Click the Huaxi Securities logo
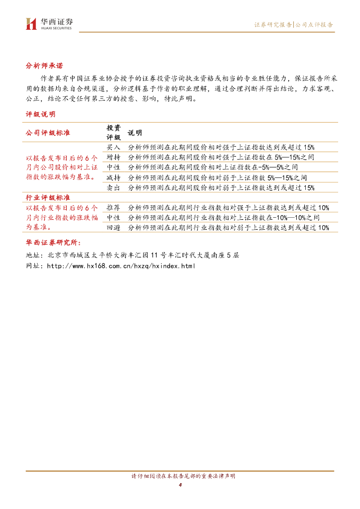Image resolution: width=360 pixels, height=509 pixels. [49, 23]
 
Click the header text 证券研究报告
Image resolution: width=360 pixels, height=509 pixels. [272, 24]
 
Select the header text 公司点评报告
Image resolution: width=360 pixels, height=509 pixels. [314, 24]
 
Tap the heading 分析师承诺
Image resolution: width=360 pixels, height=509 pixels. [44, 65]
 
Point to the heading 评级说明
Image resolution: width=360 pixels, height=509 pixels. [40, 114]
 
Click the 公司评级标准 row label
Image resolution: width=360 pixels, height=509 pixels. [48, 133]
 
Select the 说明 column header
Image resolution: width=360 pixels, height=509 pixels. [135, 133]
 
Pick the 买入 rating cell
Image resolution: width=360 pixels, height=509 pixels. [113, 147]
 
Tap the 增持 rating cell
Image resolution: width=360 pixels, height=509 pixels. [113, 157]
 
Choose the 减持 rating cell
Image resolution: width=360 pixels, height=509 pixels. [113, 177]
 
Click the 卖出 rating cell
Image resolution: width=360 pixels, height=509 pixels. [113, 187]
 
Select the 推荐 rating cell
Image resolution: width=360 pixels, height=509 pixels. [113, 208]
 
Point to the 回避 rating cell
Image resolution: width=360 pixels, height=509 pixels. [113, 228]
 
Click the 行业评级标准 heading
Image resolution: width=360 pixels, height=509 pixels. [48, 198]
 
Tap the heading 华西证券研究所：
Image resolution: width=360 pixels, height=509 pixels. [52, 243]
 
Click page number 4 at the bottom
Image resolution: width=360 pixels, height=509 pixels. [180, 485]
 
